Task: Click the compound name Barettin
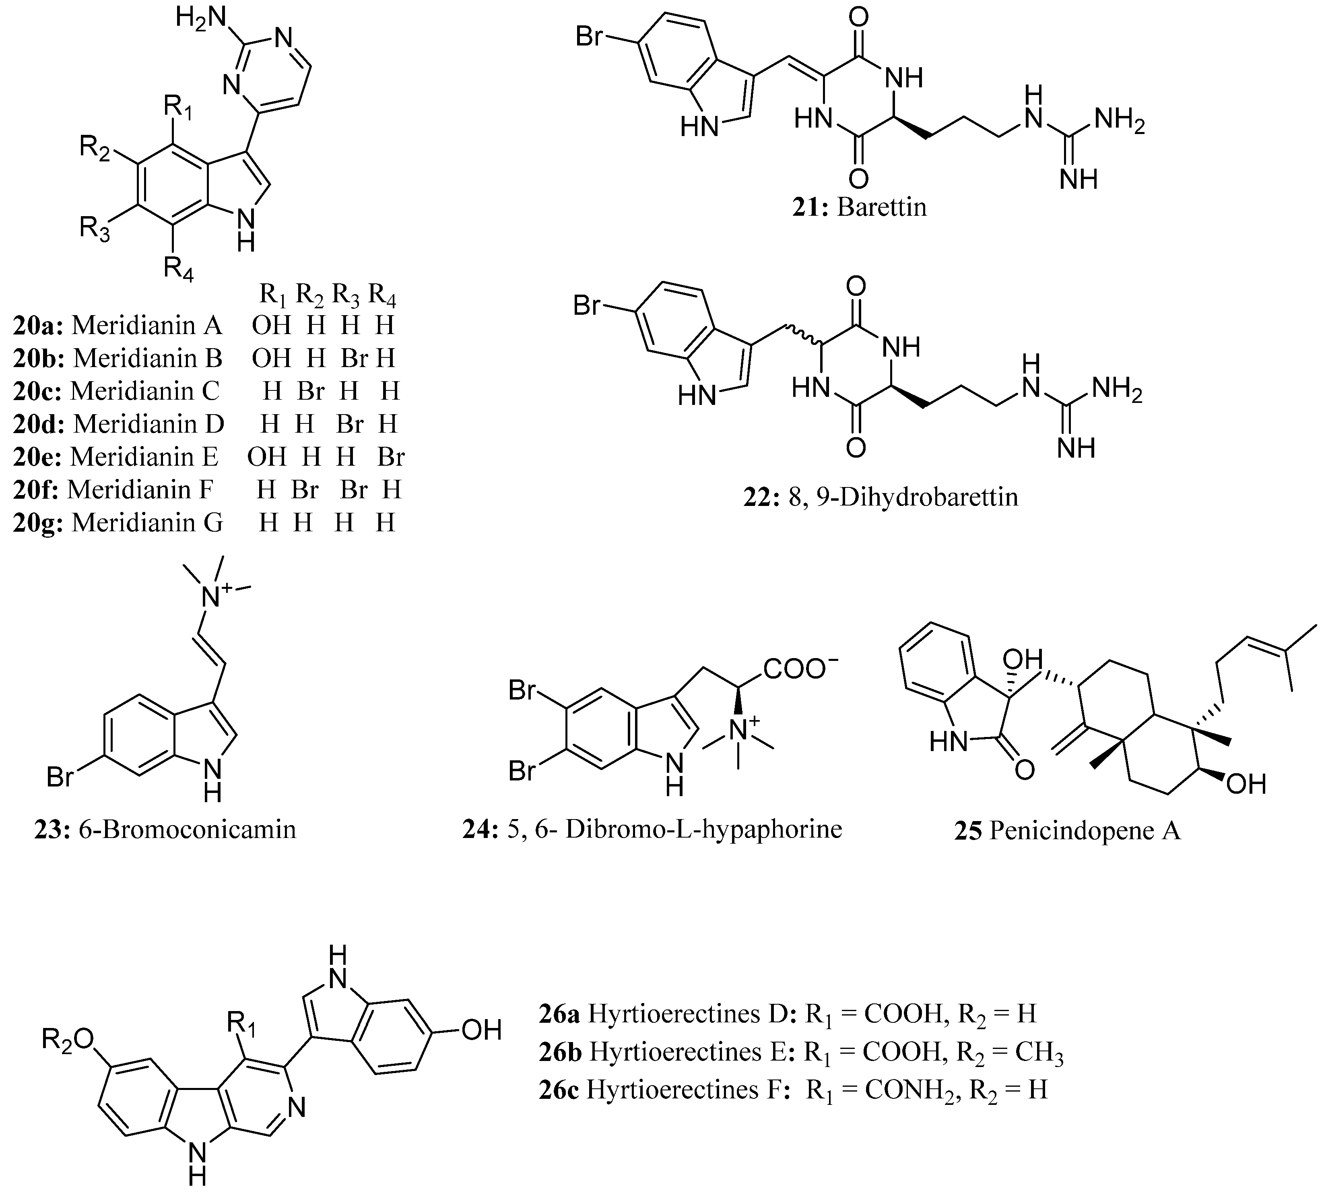(882, 208)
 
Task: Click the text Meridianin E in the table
(144, 457)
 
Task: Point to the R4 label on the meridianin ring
(178, 267)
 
